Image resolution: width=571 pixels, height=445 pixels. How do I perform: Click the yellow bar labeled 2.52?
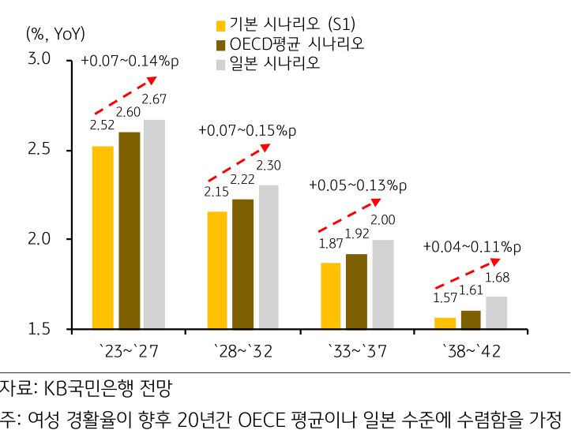(x=103, y=237)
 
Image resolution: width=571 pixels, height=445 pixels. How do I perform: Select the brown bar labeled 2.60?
(x=130, y=230)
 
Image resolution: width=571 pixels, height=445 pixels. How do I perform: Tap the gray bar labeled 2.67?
(x=154, y=224)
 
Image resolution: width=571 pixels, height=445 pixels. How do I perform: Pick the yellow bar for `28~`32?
(x=216, y=269)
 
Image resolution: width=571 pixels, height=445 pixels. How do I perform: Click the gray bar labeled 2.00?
(x=383, y=284)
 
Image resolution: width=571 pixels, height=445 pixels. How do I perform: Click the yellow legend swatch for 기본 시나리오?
(x=221, y=24)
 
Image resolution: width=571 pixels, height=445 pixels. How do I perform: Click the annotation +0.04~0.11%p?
(x=472, y=246)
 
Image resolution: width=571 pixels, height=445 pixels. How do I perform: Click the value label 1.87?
(x=331, y=244)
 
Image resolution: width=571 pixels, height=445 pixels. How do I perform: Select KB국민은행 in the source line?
(x=94, y=388)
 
